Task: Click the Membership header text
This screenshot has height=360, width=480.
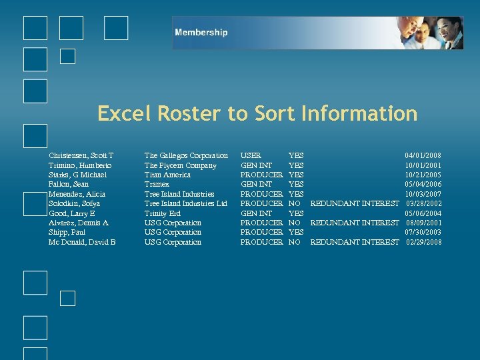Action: (x=201, y=33)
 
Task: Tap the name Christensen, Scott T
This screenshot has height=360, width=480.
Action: (x=81, y=155)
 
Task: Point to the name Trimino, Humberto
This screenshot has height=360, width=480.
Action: (x=80, y=165)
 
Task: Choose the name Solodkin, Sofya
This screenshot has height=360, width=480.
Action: (x=75, y=203)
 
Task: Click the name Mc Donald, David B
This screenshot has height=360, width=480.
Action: (x=82, y=242)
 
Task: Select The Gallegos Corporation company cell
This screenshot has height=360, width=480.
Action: (x=186, y=155)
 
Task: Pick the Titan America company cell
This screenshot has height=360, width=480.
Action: (x=167, y=175)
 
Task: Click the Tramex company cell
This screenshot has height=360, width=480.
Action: (x=157, y=184)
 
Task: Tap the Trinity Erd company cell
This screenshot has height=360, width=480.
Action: (x=163, y=213)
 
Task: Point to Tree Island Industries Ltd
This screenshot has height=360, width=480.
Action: (x=186, y=203)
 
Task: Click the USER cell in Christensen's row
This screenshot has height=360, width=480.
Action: (x=251, y=155)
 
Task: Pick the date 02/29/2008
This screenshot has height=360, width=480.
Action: (x=423, y=242)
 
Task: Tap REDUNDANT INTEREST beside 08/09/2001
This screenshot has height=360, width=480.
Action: (x=355, y=223)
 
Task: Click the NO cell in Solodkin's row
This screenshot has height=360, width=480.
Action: (x=293, y=203)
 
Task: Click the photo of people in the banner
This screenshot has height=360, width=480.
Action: (x=427, y=33)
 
